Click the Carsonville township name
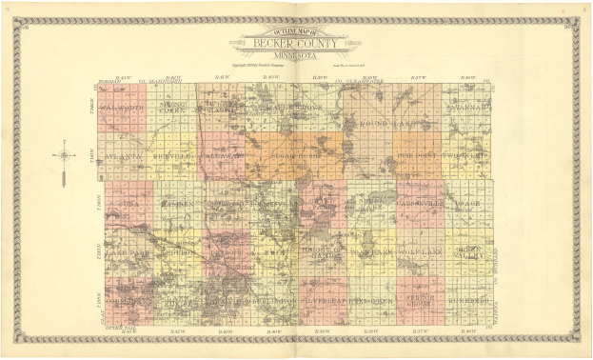click(418, 204)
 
